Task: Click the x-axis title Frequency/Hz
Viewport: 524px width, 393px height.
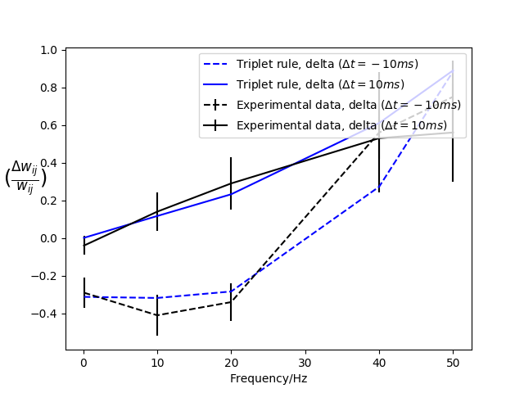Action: click(x=268, y=378)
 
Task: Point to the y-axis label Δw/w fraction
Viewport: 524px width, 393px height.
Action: click(x=26, y=177)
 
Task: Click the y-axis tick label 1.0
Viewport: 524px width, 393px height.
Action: click(x=48, y=50)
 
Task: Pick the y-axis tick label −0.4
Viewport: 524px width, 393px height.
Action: click(x=45, y=314)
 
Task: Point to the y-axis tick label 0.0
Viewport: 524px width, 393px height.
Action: click(x=48, y=238)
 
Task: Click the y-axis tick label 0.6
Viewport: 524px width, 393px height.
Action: click(x=48, y=125)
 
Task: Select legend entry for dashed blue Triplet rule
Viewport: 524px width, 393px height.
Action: click(x=320, y=64)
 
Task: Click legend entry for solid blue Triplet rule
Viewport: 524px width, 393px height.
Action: click(x=320, y=84)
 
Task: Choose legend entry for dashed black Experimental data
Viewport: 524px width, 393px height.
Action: click(x=348, y=105)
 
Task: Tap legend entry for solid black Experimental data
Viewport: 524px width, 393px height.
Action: click(x=348, y=125)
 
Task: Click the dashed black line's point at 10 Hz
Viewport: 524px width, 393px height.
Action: click(x=157, y=315)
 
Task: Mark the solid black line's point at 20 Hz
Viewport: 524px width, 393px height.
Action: click(x=231, y=183)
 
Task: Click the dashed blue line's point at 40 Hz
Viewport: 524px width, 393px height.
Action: click(x=378, y=187)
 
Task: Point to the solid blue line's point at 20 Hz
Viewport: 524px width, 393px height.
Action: click(x=231, y=194)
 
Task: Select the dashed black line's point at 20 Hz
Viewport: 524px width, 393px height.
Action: click(x=231, y=302)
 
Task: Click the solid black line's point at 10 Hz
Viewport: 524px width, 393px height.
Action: click(x=157, y=212)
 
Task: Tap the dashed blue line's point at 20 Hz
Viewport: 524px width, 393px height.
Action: click(x=231, y=291)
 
